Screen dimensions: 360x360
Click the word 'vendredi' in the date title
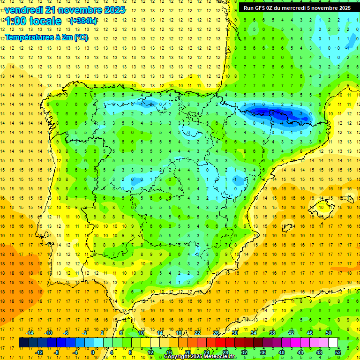[24, 10]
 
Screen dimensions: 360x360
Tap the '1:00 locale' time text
[33, 21]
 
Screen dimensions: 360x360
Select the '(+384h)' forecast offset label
[83, 21]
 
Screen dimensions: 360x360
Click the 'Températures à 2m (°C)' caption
[46, 37]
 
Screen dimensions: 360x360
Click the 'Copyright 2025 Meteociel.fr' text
[200, 357]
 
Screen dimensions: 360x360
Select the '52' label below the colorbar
[338, 352]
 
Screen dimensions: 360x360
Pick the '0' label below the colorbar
[93, 352]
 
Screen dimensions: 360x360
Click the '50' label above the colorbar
[329, 333]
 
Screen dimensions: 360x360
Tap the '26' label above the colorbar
[216, 333]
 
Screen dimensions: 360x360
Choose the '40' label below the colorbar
[282, 352]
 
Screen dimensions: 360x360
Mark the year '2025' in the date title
[112, 10]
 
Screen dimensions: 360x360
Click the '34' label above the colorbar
[254, 333]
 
